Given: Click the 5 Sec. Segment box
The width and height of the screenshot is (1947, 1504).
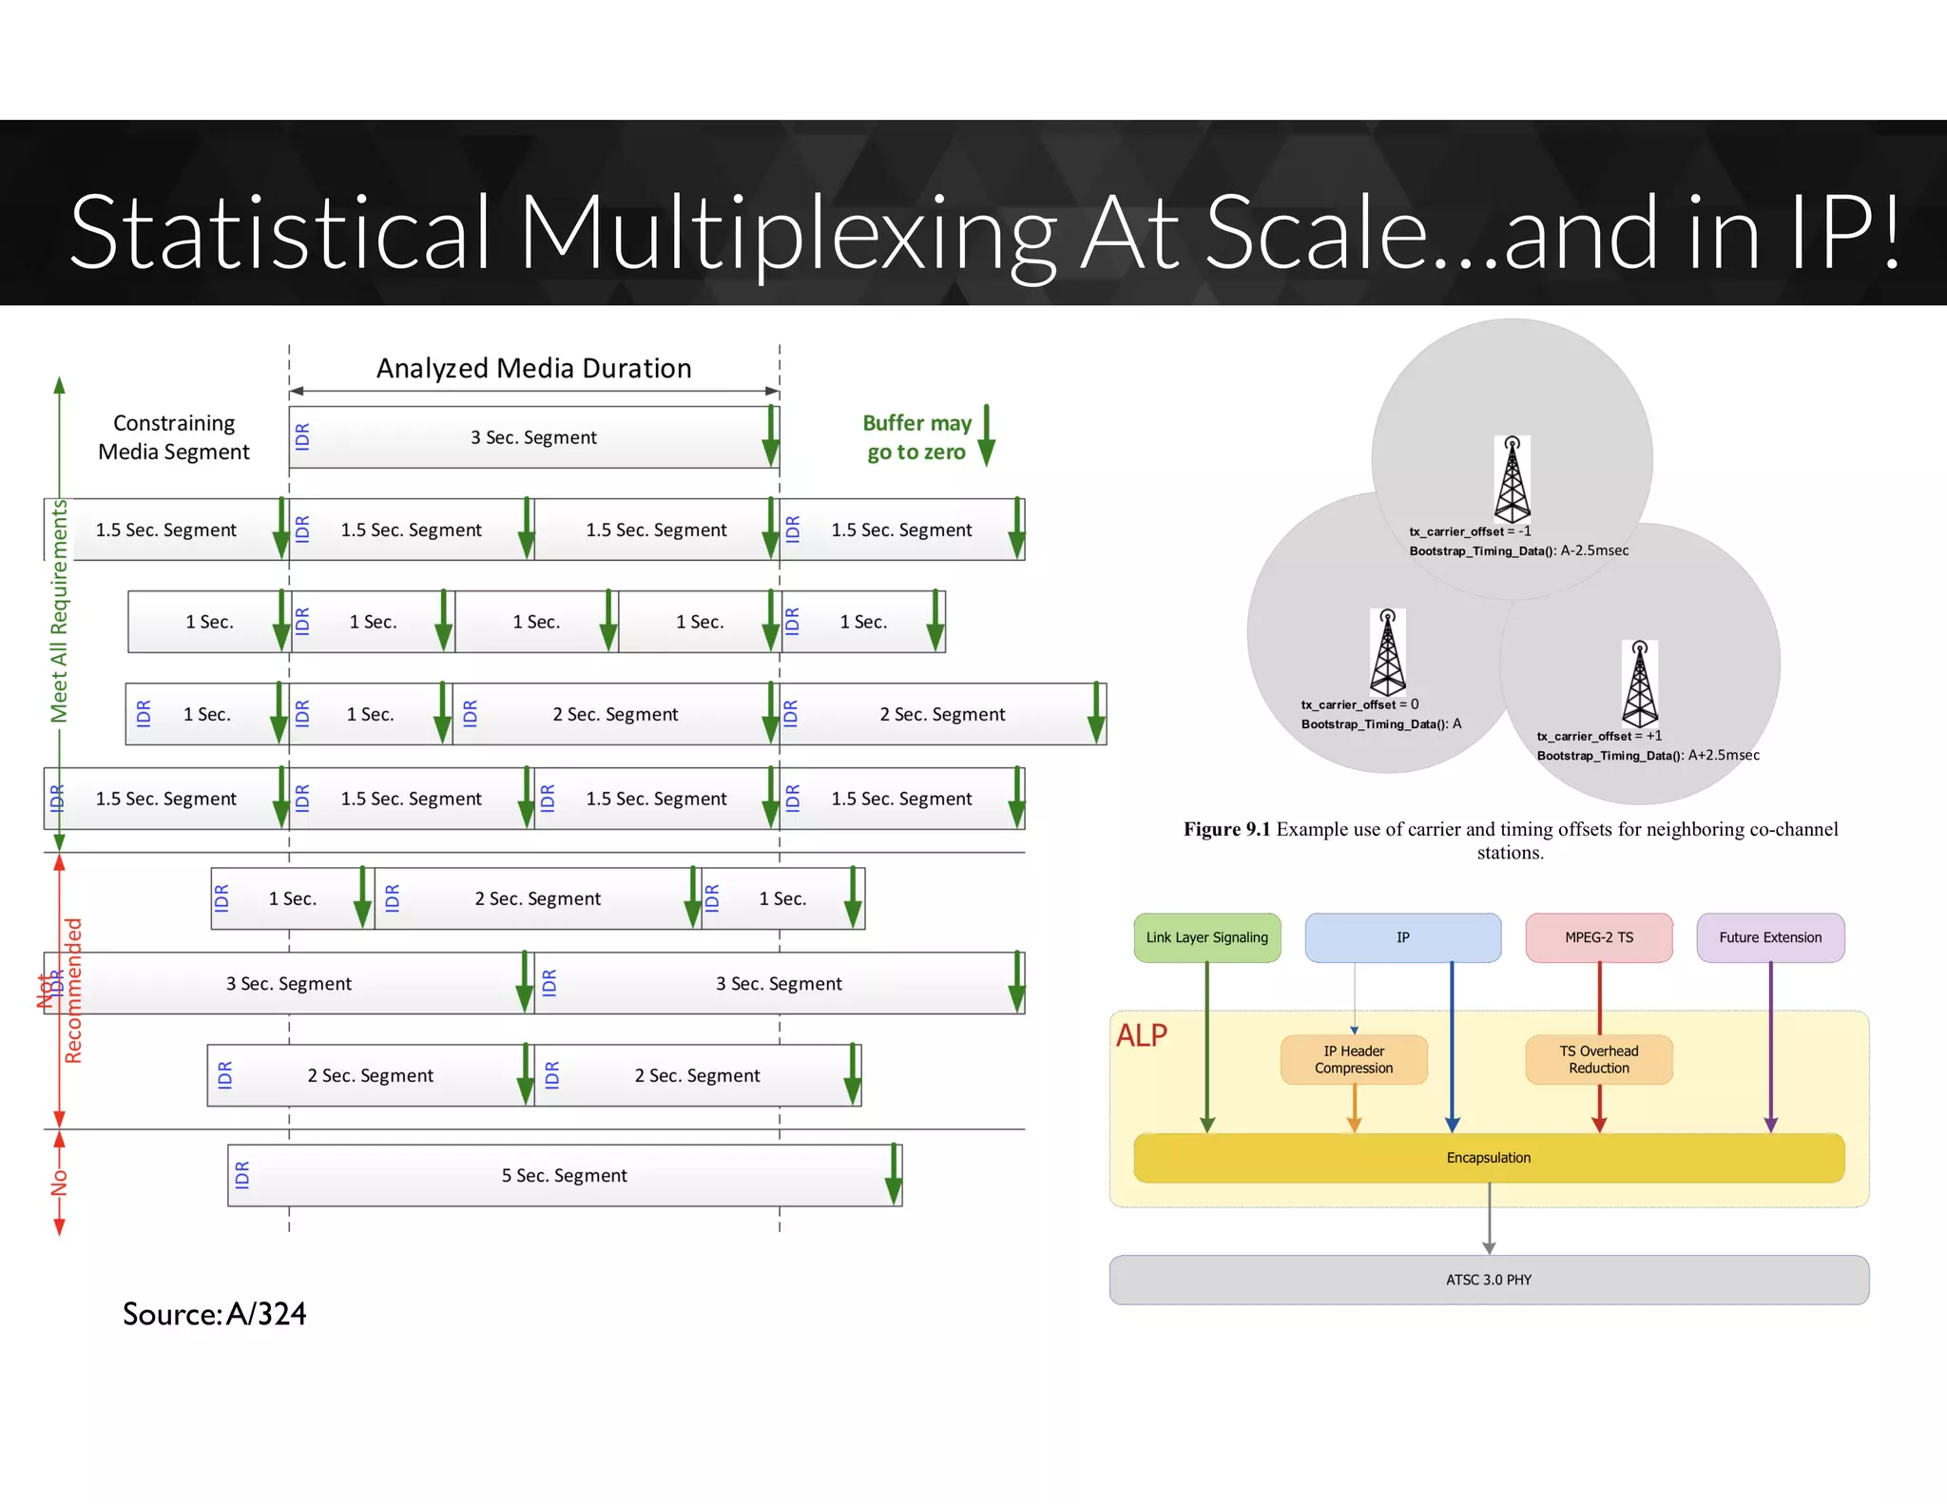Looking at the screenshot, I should tap(565, 1175).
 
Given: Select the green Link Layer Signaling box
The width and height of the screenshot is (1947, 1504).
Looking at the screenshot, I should tap(1206, 937).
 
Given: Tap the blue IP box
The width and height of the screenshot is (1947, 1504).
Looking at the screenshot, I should tap(1402, 937).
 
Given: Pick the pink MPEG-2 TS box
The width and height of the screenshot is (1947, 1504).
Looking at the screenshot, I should tap(1598, 937).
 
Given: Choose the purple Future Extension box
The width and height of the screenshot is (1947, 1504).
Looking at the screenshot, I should tap(1769, 937).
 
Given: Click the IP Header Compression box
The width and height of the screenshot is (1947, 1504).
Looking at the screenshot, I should tap(1353, 1059).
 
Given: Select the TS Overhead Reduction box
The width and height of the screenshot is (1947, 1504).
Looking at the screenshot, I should tap(1598, 1059).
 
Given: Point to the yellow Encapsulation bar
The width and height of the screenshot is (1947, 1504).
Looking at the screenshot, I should tap(1488, 1158).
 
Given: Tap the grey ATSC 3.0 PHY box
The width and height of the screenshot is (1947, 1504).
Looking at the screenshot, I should tap(1488, 1280).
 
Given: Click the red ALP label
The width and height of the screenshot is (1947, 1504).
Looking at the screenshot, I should tap(1141, 1035).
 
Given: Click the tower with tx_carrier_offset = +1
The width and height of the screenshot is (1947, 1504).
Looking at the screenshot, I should tap(1639, 684).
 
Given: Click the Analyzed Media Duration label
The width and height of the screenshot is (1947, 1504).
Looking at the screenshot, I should tap(533, 368).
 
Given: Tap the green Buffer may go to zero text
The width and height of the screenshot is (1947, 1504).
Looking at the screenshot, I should tap(916, 437).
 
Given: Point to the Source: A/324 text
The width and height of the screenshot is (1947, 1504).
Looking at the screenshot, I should tap(214, 1314).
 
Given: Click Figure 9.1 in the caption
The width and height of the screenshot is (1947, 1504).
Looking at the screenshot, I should tap(1226, 829).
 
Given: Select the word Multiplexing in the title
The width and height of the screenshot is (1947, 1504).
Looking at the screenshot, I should tap(787, 233).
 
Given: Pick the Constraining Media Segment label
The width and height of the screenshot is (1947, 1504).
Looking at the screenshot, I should tap(174, 437).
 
